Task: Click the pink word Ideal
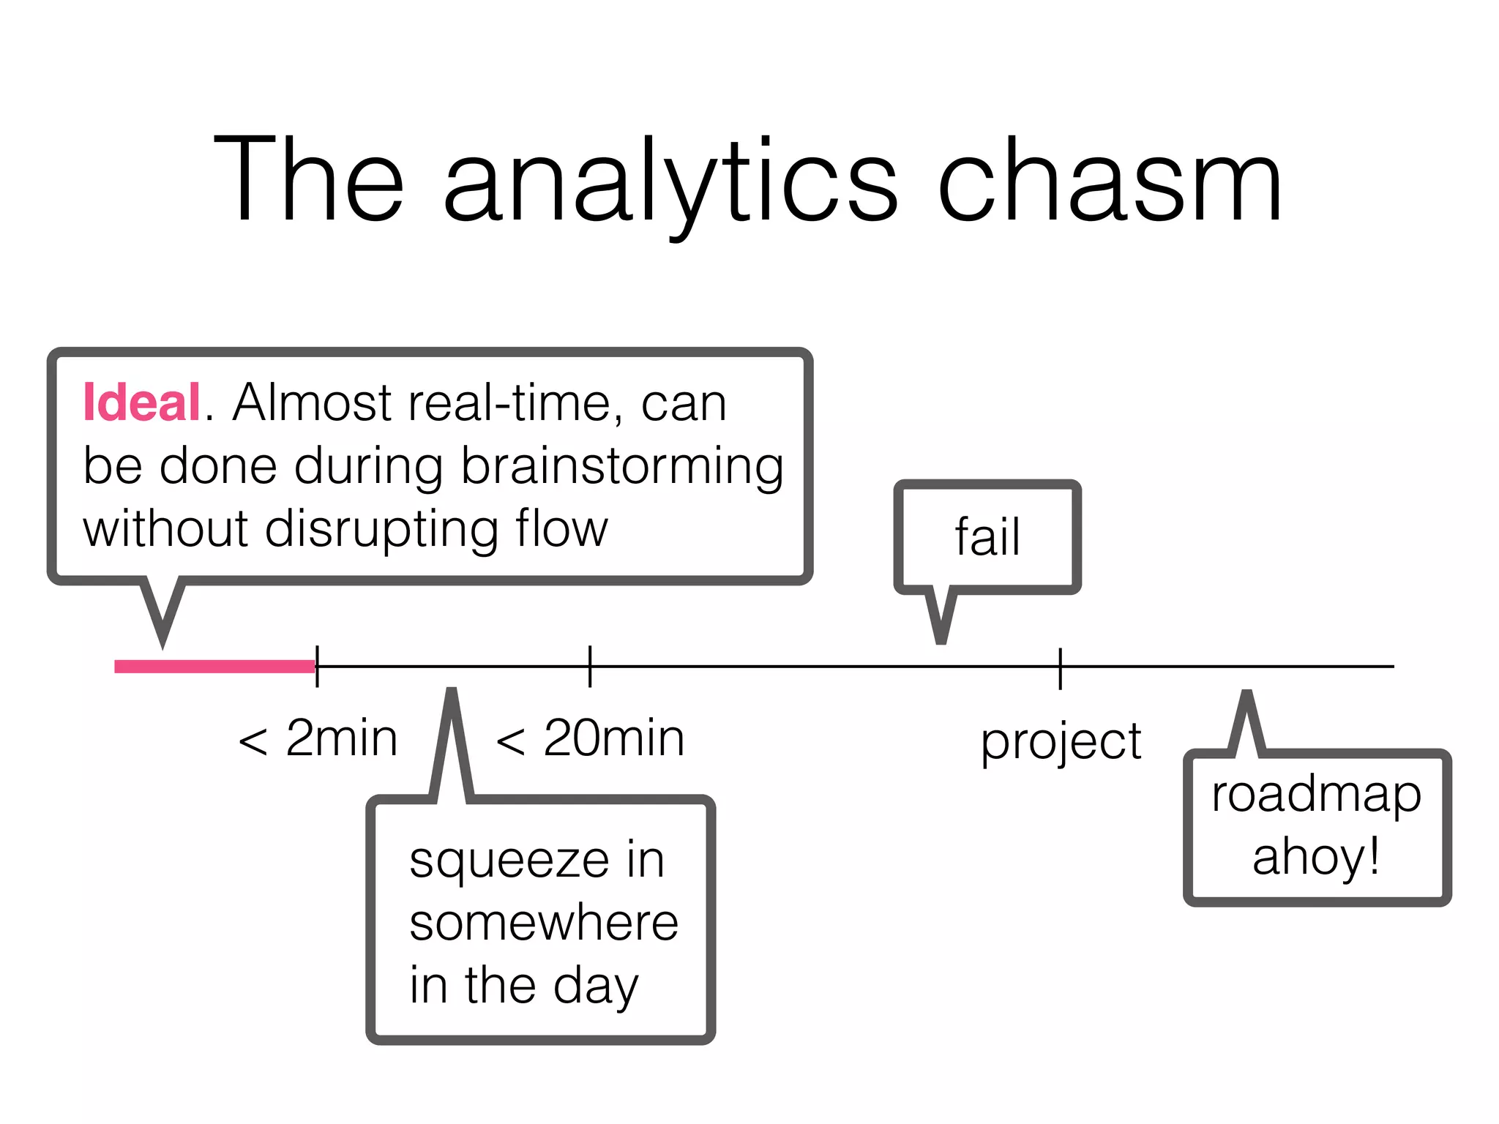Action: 141,402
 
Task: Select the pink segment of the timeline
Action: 214,666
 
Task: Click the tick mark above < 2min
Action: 317,666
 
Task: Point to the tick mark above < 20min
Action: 590,666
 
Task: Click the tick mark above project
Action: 1060,667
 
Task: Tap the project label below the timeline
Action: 1061,742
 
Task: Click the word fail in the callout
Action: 987,537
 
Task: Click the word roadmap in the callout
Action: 1316,796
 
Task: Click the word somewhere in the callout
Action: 544,923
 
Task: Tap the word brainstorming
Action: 622,467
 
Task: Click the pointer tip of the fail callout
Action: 941,641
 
